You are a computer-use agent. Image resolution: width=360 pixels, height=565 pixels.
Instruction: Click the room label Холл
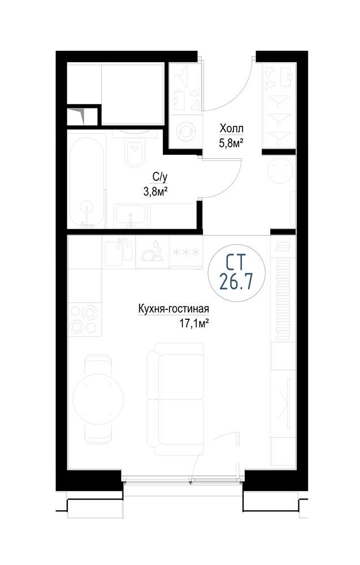(231, 128)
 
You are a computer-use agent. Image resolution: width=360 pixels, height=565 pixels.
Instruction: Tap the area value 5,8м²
(231, 144)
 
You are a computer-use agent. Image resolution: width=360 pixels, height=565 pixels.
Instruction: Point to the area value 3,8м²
(155, 192)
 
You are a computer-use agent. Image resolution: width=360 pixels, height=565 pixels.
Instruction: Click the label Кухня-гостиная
(174, 309)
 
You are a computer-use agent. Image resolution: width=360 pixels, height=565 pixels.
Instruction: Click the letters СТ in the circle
(236, 262)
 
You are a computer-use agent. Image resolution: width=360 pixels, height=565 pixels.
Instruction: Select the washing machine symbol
(185, 131)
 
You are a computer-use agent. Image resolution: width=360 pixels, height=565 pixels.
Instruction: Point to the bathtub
(86, 181)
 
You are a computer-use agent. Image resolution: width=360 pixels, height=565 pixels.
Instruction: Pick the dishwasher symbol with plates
(152, 251)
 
